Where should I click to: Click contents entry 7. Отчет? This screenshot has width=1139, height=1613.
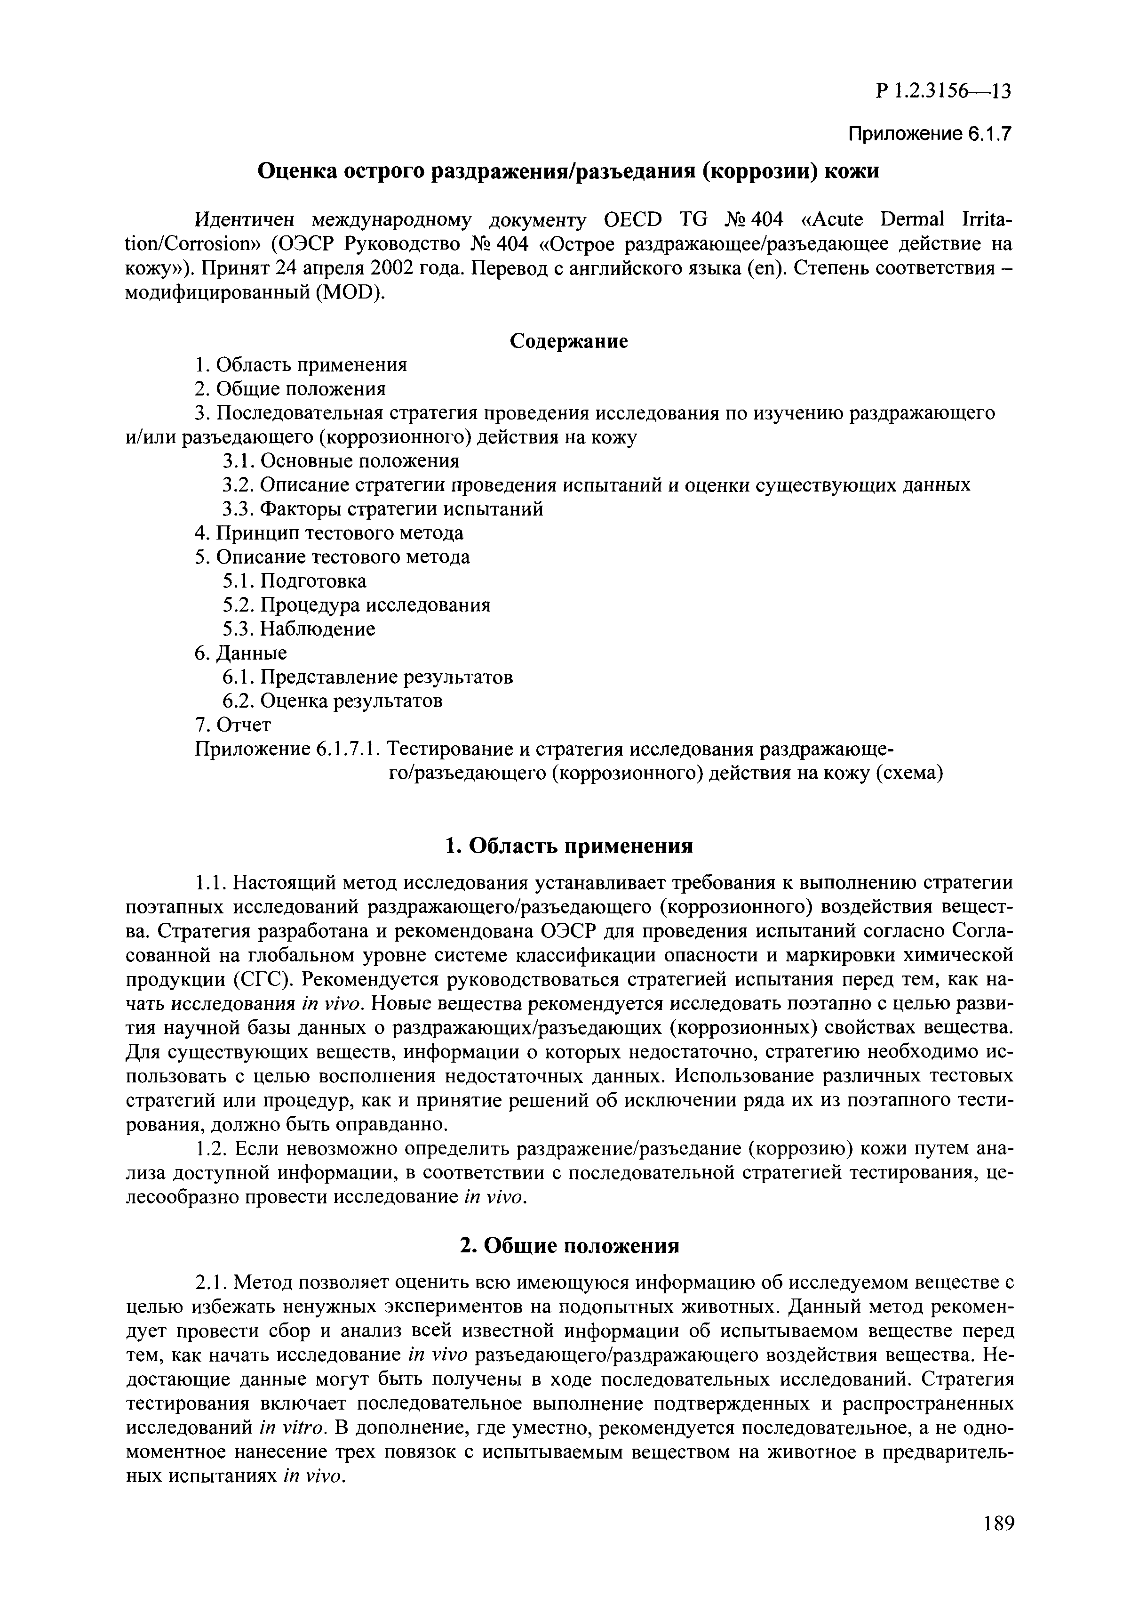pos(232,724)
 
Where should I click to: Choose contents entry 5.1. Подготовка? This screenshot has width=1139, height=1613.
pos(294,581)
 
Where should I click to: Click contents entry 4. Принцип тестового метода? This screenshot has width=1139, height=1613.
pos(329,533)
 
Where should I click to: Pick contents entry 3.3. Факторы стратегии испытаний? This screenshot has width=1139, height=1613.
pos(382,508)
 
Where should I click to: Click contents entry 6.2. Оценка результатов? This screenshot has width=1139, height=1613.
pos(332,701)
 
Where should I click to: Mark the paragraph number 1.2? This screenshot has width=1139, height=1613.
pos(209,1149)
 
